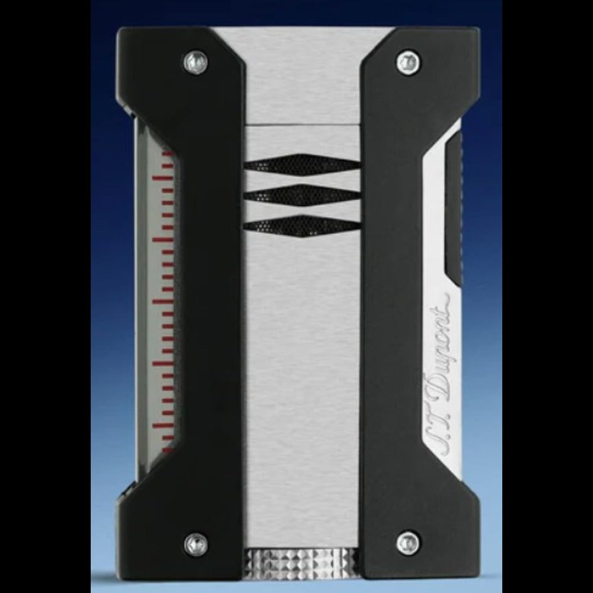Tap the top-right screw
pos(407,61)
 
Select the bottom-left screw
pos(196,544)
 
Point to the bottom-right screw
pos(408,543)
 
